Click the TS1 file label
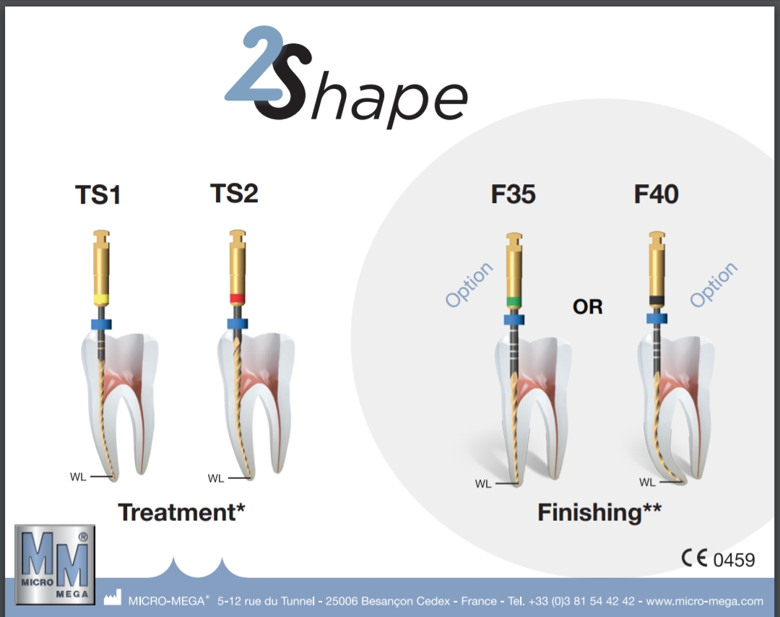(x=98, y=194)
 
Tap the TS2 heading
(x=234, y=193)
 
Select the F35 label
(x=513, y=194)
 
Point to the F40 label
(x=656, y=194)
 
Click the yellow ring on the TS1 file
(x=102, y=299)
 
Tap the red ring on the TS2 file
(x=238, y=298)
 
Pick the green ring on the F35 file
(x=514, y=301)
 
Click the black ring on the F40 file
(x=657, y=300)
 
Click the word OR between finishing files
(x=587, y=306)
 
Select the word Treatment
(x=177, y=512)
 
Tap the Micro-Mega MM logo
(x=55, y=564)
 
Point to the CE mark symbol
(x=695, y=558)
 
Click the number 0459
(x=734, y=560)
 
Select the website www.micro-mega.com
(x=705, y=601)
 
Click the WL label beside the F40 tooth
(x=647, y=482)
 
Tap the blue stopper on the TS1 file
(x=102, y=324)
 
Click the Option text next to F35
(x=469, y=285)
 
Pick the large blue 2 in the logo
(x=255, y=65)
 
